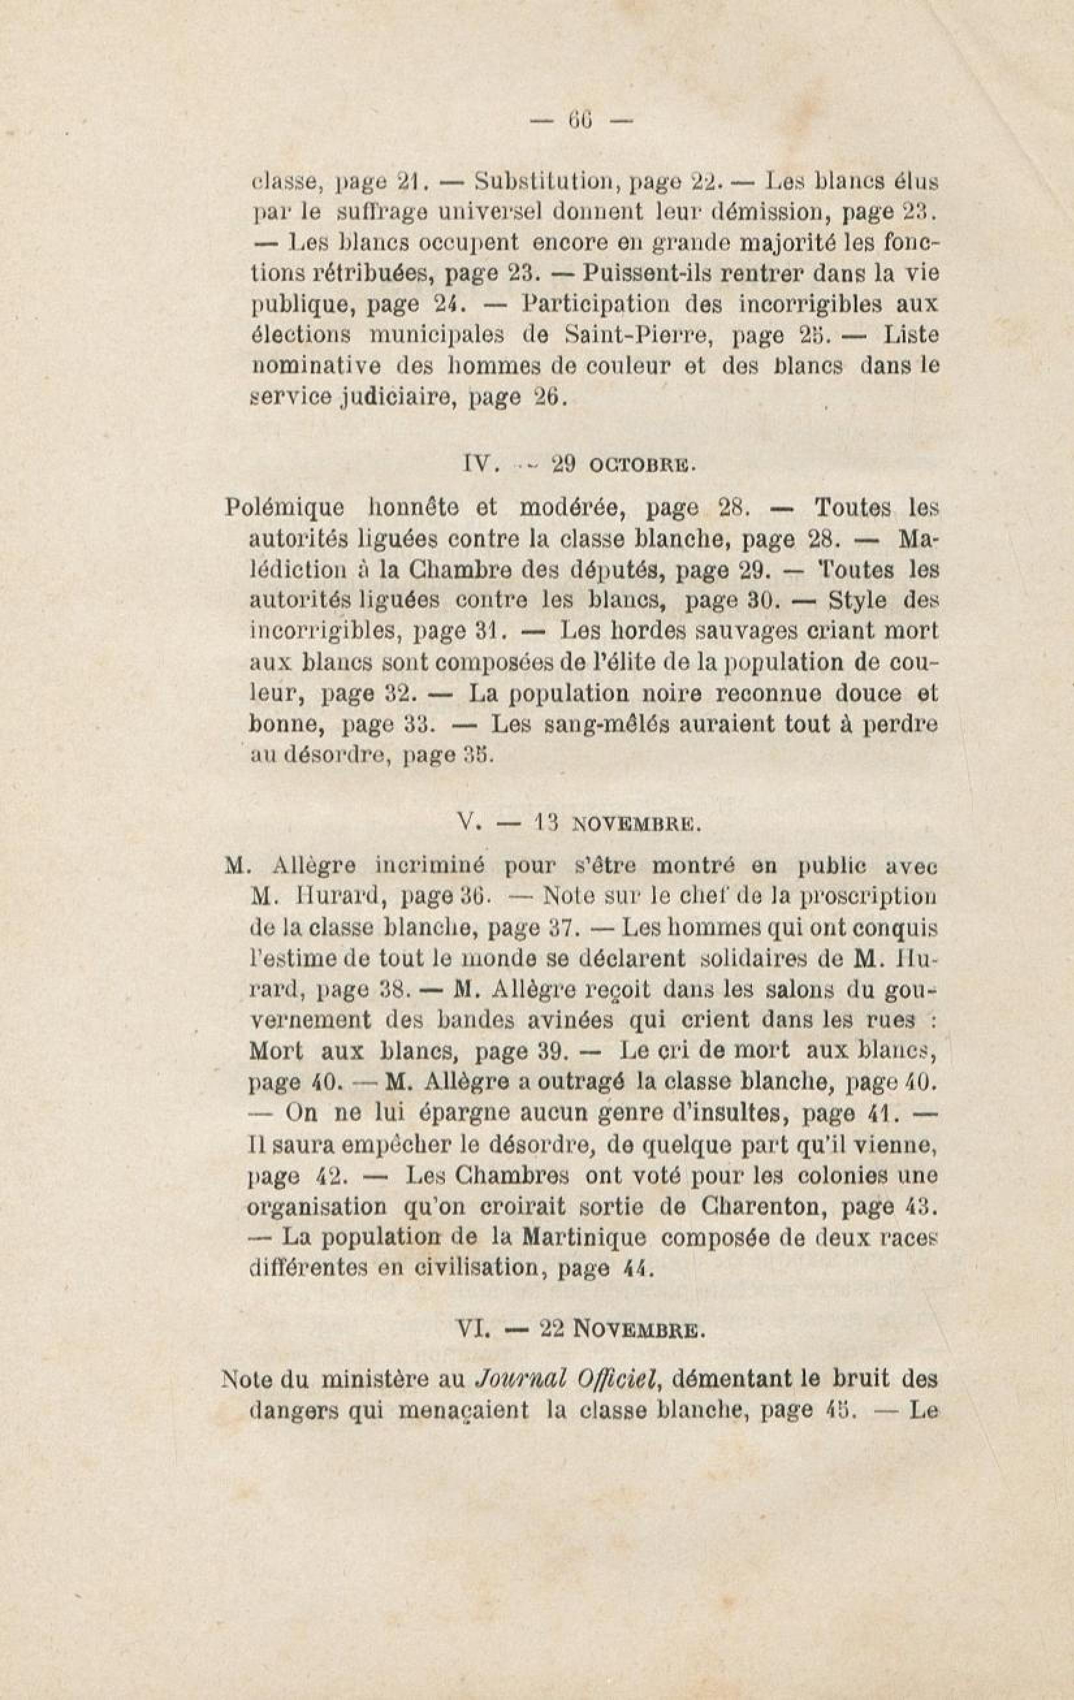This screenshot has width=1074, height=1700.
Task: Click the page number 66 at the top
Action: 582,121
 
